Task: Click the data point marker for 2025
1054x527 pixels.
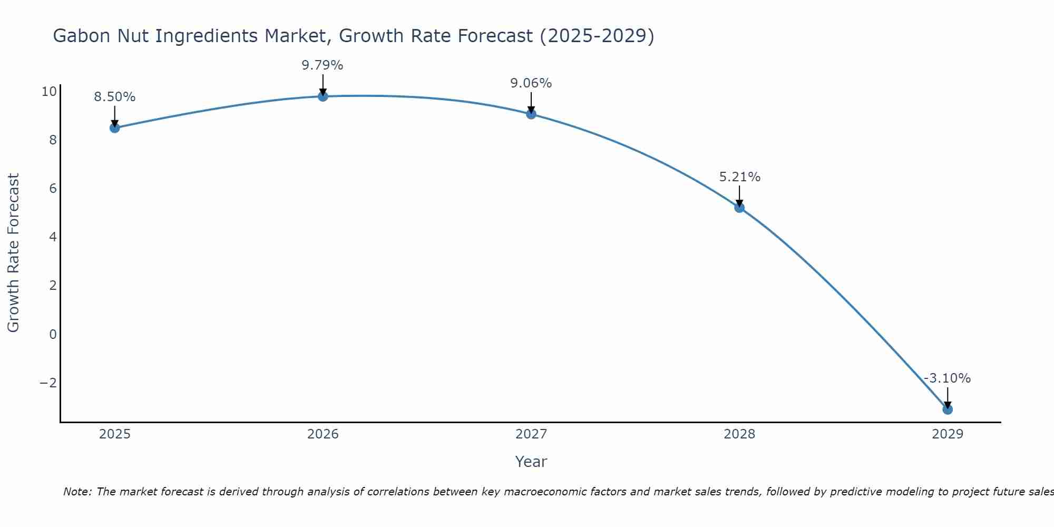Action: pyautogui.click(x=115, y=128)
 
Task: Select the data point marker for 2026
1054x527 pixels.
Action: pyautogui.click(x=323, y=96)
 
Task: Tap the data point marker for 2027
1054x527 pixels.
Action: pyautogui.click(x=531, y=114)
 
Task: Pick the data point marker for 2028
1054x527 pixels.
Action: pyautogui.click(x=739, y=208)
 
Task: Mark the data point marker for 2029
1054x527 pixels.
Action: pyautogui.click(x=948, y=409)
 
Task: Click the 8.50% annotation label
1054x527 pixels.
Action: pyautogui.click(x=115, y=97)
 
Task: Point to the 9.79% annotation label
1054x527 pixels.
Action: pyautogui.click(x=323, y=65)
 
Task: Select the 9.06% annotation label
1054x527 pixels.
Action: pyautogui.click(x=531, y=83)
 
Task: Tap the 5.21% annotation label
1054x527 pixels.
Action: pyautogui.click(x=740, y=177)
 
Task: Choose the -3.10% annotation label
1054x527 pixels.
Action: pyautogui.click(x=947, y=378)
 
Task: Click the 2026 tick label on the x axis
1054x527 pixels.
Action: pyautogui.click(x=323, y=434)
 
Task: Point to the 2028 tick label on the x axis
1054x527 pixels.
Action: pyautogui.click(x=739, y=434)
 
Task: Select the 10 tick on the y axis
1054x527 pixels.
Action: pyautogui.click(x=49, y=92)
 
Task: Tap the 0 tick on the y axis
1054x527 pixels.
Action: pyautogui.click(x=53, y=334)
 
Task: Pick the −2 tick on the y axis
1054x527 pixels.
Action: pyautogui.click(x=48, y=383)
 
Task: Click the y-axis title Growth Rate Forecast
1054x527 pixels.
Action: pyautogui.click(x=14, y=253)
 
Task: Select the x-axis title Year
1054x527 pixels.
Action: pyautogui.click(x=531, y=462)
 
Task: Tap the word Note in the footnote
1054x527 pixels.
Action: pyautogui.click(x=77, y=492)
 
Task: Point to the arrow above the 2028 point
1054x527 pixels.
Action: pyautogui.click(x=739, y=196)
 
